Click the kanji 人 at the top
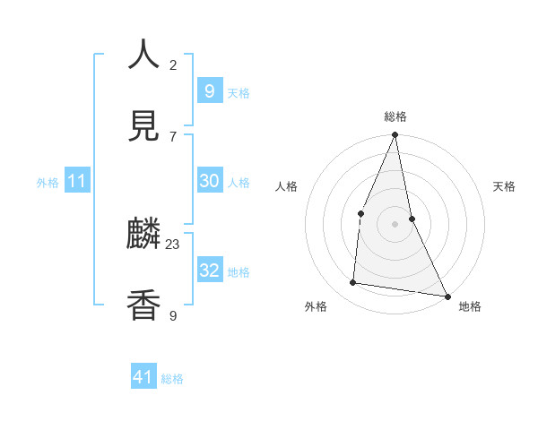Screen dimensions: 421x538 pos(144,55)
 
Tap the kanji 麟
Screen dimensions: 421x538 pos(144,235)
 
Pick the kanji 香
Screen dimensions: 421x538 pos(144,305)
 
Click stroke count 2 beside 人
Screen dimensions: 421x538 pos(173,64)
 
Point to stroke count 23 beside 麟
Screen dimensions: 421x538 pos(173,244)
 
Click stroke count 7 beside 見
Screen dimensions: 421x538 pos(173,136)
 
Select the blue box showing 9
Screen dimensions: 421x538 pos(209,90)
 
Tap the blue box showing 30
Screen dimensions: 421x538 pos(209,181)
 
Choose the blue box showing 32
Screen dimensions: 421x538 pos(209,271)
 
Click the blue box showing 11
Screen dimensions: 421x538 pos(77,181)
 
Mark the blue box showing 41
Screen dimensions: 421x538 pos(143,377)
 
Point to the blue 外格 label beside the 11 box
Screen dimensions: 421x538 pos(48,183)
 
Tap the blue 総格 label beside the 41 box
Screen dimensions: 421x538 pos(172,379)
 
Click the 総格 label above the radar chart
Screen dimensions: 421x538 pos(395,116)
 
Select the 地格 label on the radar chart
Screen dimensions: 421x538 pos(470,306)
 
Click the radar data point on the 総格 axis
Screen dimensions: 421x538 pos(395,135)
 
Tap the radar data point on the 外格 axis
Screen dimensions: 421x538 pos(353,283)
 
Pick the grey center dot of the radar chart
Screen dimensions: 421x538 pos(395,224)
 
